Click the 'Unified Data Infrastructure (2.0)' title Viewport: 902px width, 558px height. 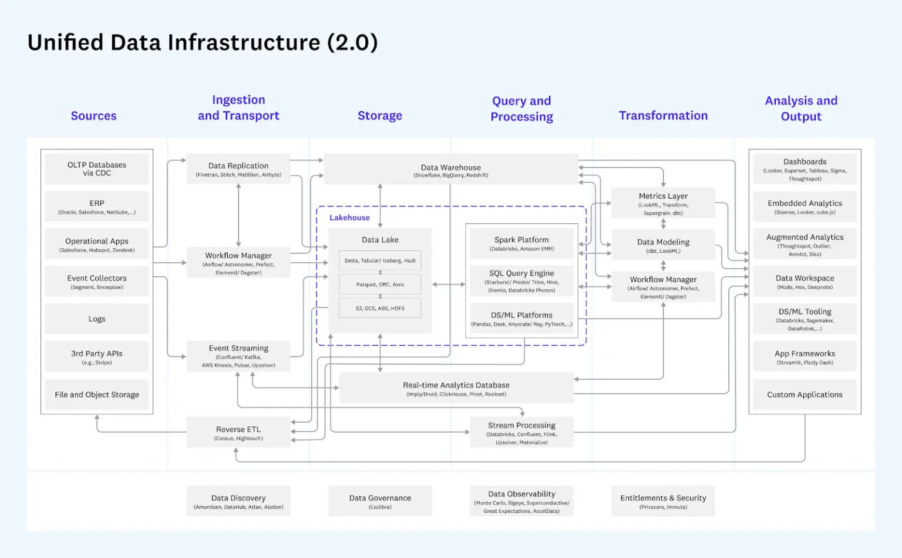203,43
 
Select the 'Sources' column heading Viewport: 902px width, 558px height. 93,116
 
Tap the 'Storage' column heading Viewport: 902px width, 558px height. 380,116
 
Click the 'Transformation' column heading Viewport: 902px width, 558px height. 663,116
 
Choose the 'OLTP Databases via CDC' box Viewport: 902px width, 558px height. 97,169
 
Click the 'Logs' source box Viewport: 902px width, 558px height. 97,319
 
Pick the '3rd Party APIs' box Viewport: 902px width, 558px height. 97,357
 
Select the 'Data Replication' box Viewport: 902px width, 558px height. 238,169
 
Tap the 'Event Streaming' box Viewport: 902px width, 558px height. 238,356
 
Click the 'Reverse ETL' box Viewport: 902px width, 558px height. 238,433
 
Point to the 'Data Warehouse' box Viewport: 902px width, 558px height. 450,170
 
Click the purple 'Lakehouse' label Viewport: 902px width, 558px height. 349,218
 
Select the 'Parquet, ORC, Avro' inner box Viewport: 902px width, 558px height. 380,285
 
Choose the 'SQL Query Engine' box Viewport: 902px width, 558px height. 521,280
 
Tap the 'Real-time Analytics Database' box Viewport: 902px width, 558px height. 456,388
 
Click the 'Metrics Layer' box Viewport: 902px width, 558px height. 663,203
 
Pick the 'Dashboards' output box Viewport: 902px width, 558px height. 805,169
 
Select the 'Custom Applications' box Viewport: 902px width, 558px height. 805,395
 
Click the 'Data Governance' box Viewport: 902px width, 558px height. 380,501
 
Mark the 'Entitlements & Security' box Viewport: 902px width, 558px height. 663,501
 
